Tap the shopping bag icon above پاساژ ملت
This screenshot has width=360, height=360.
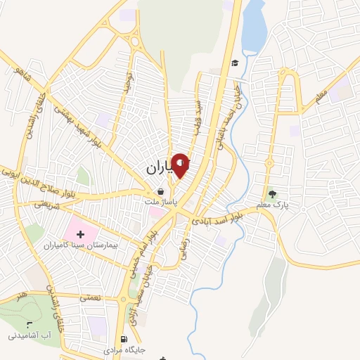click(161, 191)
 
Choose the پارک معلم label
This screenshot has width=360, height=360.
click(273, 205)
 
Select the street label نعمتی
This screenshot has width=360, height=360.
click(90, 298)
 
